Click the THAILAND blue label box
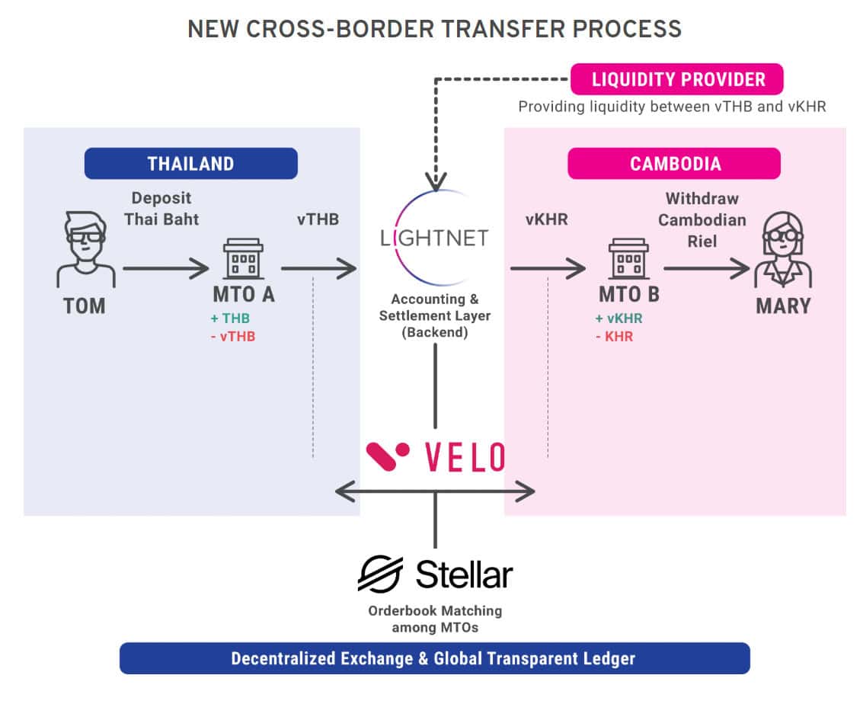(190, 163)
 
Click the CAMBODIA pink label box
(674, 163)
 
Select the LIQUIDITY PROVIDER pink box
(677, 78)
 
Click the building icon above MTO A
(244, 260)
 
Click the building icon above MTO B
(628, 260)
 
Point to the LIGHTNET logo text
(434, 238)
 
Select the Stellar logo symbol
(381, 573)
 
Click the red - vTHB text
(232, 336)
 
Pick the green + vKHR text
(620, 318)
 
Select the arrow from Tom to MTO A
(165, 268)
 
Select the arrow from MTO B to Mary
(706, 268)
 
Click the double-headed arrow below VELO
(434, 492)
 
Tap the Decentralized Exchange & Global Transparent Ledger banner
(434, 658)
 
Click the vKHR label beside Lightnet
(547, 219)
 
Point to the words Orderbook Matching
(435, 611)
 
